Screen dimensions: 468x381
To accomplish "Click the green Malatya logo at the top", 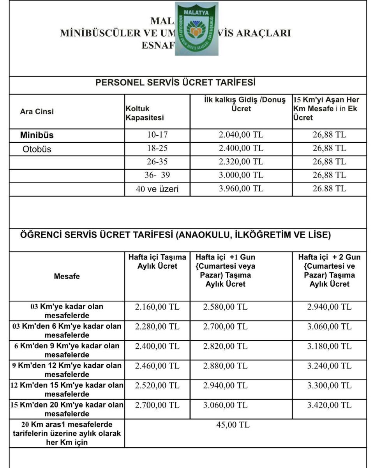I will coord(196,29).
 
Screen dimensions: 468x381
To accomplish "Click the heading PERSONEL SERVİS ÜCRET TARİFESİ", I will coord(176,83).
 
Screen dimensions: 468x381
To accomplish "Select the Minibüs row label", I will coord(37,135).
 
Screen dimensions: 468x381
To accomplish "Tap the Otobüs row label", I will coord(37,149).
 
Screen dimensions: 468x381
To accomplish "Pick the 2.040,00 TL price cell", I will coord(241,135).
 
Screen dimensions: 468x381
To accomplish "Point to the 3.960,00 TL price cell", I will coord(241,188).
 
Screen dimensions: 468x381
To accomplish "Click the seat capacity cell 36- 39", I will coord(157,175).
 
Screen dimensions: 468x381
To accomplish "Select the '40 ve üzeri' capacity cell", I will coord(157,189).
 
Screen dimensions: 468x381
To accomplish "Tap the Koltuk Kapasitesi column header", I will coord(145,113).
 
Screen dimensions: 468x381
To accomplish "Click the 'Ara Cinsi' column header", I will coord(37,112).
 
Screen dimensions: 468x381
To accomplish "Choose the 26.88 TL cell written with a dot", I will coord(329,188).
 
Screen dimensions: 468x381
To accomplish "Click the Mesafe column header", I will coord(67,276).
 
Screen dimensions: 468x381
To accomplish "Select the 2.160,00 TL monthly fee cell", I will coord(157,307).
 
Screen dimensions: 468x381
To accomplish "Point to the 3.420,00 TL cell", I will coord(329,405).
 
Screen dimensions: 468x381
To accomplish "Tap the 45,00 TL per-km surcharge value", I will coord(233,425).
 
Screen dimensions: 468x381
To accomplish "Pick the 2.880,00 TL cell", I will coord(225,366).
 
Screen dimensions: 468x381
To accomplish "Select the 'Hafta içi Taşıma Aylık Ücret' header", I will coord(157,262).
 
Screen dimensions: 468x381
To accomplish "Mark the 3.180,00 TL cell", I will coord(329,346).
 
